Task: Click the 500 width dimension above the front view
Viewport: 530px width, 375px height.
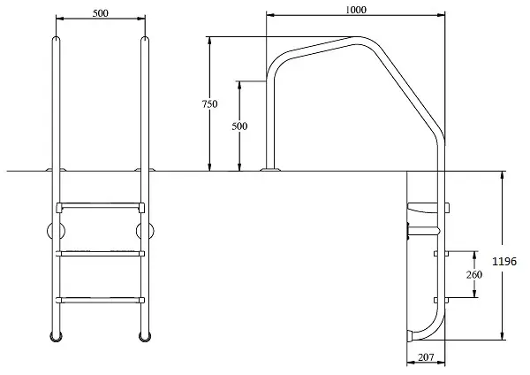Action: [101, 13]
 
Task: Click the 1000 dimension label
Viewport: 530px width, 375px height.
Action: [356, 10]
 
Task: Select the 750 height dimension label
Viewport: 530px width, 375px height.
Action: [209, 103]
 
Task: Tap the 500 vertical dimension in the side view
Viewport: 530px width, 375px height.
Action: [239, 126]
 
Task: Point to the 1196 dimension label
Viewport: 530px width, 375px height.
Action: [504, 261]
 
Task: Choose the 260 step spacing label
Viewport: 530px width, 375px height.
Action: [473, 274]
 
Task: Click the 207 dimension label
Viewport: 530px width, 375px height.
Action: [426, 357]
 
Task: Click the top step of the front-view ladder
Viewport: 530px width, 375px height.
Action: [101, 206]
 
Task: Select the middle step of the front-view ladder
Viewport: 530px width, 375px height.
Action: [101, 254]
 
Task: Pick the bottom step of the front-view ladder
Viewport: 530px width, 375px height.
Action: [101, 300]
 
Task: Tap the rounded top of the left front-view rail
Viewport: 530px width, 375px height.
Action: [57, 39]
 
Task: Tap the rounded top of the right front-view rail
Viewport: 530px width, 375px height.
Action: [145, 39]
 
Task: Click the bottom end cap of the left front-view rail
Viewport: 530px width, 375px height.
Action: [57, 337]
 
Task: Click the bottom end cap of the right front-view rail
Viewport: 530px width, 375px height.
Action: [145, 337]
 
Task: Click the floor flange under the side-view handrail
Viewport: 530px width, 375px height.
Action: [269, 169]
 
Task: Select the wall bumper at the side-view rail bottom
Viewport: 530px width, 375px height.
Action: [410, 336]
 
